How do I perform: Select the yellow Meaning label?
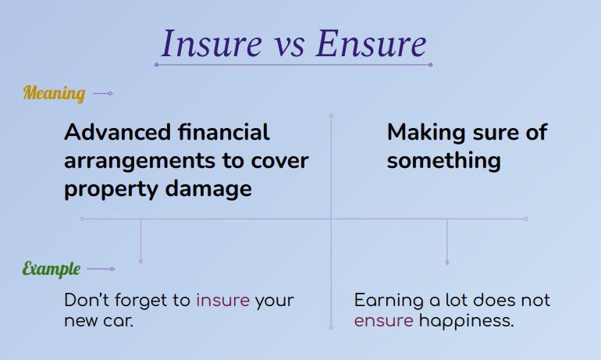54,94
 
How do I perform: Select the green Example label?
52,269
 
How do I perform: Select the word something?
443,161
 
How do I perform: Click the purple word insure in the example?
222,301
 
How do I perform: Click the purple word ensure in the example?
383,321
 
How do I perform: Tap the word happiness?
467,321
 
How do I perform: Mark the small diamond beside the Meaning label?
110,94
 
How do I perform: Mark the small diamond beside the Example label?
112,269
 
